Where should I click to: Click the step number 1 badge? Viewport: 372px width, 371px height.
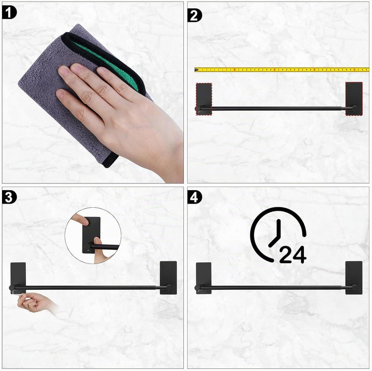pyautogui.click(x=9, y=12)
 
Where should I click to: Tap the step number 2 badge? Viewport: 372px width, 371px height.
pyautogui.click(x=195, y=16)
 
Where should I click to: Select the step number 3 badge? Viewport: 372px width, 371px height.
pyautogui.click(x=9, y=197)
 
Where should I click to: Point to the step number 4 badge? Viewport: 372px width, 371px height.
pyautogui.click(x=195, y=197)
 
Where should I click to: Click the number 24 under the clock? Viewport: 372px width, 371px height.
pyautogui.click(x=293, y=255)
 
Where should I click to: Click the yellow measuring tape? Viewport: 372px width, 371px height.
pyautogui.click(x=282, y=70)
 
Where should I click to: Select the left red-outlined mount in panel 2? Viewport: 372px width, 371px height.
pyautogui.click(x=204, y=99)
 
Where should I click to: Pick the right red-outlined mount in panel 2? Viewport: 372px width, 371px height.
pyautogui.click(x=354, y=99)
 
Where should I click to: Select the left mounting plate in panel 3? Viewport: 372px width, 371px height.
pyautogui.click(x=18, y=278)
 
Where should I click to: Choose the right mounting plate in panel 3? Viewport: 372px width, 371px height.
pyautogui.click(x=168, y=278)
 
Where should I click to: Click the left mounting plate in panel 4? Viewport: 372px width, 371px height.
pyautogui.click(x=204, y=278)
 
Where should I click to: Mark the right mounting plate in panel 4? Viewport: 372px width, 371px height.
pyautogui.click(x=354, y=278)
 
